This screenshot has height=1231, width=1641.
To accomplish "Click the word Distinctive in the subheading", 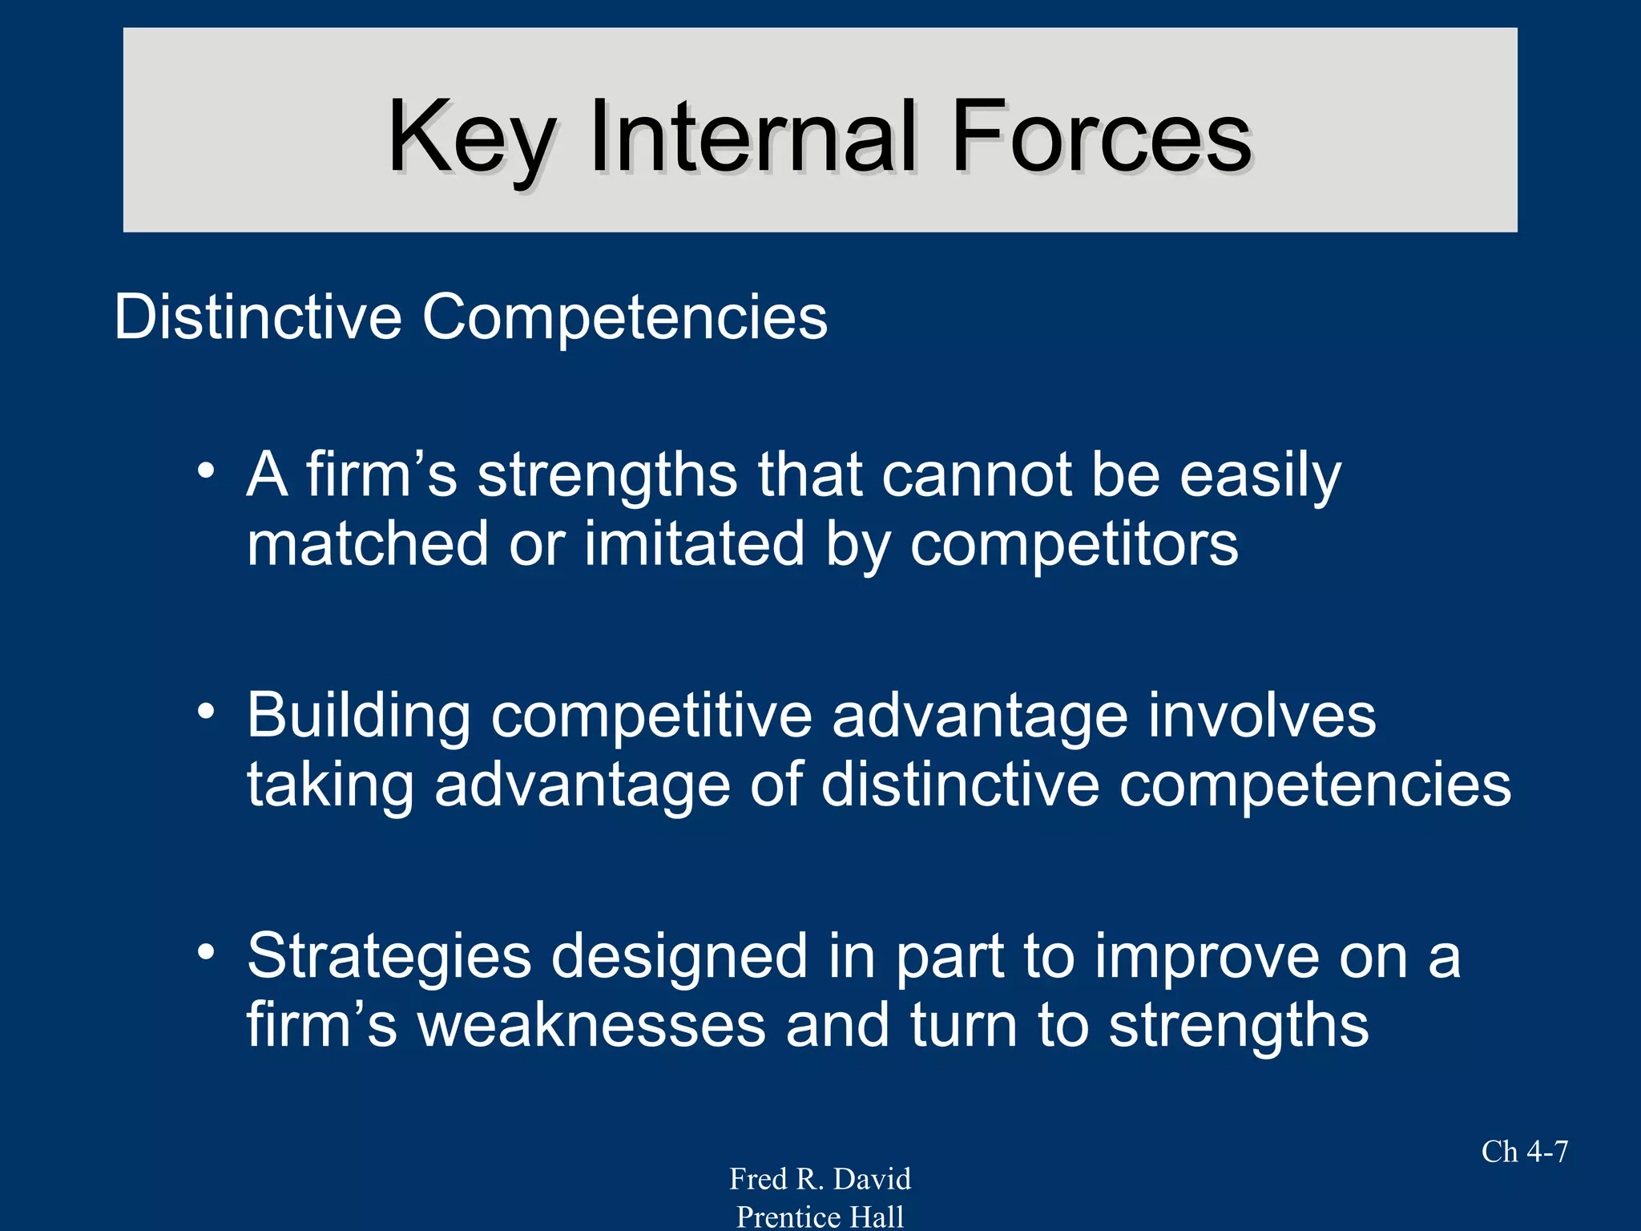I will click(257, 317).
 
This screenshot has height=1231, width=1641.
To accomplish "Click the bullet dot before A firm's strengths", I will click(207, 470).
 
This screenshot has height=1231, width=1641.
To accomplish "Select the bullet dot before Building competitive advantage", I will click(207, 711).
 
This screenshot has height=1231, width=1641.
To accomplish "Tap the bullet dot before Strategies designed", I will click(207, 952).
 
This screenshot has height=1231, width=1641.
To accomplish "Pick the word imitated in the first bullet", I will click(694, 543).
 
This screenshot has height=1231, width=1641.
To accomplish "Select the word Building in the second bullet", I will click(358, 716).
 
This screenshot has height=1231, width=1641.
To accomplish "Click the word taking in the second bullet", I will click(330, 785).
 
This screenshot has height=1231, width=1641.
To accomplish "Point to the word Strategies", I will click(389, 957).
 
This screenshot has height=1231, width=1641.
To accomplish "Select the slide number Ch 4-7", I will click(1524, 1152).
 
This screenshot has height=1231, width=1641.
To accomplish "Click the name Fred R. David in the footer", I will click(820, 1179).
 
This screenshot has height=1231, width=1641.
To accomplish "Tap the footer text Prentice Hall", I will click(820, 1217).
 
